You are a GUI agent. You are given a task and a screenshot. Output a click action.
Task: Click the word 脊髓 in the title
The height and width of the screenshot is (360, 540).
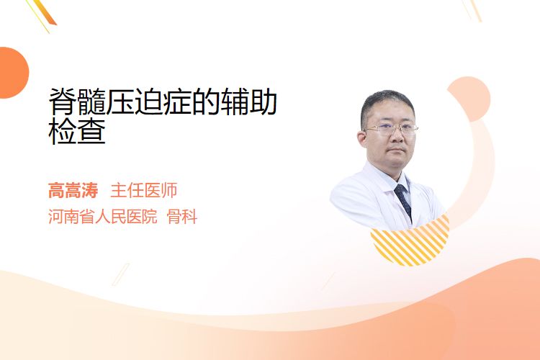tap(77, 102)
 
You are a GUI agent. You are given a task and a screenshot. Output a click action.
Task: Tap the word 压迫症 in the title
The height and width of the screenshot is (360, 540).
tap(148, 102)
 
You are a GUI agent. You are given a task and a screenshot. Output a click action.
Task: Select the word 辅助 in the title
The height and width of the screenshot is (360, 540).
tap(248, 102)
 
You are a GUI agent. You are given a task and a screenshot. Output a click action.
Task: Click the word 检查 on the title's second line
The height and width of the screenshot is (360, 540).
tap(77, 131)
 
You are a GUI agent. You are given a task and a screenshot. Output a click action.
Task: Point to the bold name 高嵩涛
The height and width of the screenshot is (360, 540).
tap(73, 190)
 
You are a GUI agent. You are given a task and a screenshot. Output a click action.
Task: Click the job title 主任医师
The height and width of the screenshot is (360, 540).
tap(143, 190)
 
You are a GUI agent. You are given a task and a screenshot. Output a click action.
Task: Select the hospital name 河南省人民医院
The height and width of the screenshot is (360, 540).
tap(103, 216)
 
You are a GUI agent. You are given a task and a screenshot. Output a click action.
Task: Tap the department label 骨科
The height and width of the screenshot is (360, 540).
tap(182, 216)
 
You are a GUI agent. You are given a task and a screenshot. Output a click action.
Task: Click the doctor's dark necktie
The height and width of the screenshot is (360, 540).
tap(403, 201)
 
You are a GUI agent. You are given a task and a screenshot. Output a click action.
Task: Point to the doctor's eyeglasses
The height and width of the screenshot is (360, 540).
tap(390, 130)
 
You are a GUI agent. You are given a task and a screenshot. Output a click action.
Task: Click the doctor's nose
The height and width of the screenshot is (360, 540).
tap(397, 136)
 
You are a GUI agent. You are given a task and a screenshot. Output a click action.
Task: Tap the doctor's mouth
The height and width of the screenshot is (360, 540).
tap(397, 150)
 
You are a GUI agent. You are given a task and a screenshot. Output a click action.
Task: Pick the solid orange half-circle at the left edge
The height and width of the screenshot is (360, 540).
tap(13, 73)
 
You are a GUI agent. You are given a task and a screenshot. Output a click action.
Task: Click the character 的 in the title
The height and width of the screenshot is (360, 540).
tap(206, 102)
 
